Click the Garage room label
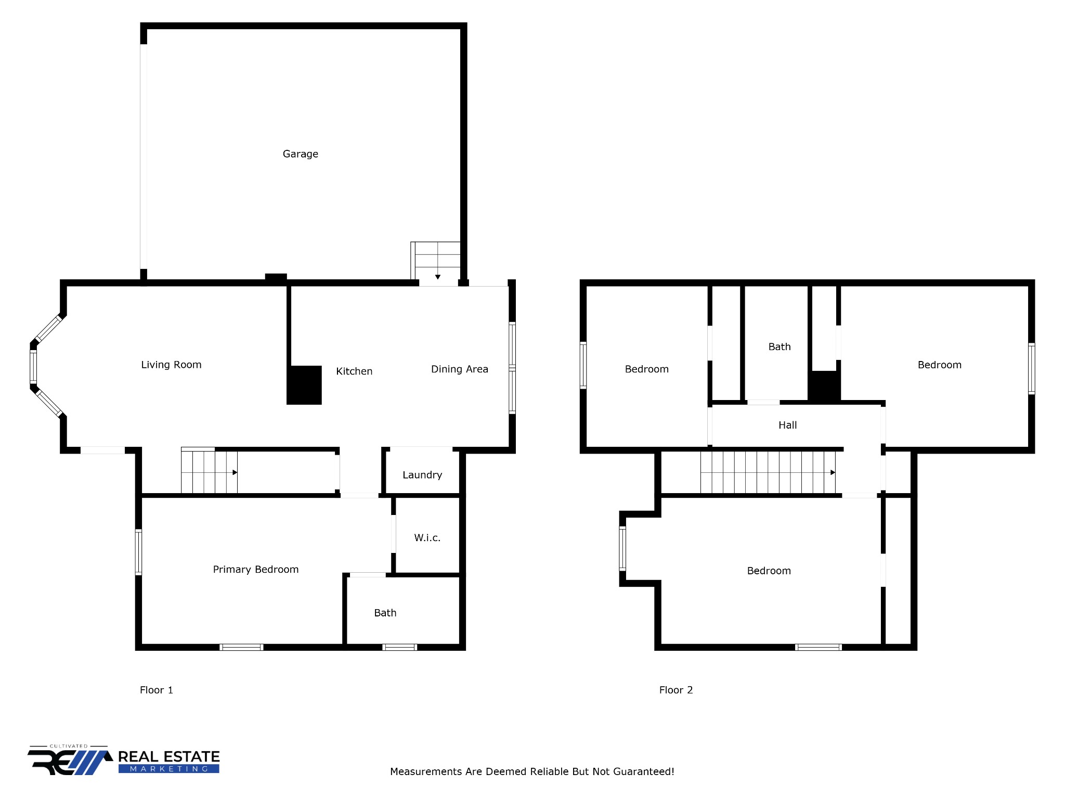coord(300,154)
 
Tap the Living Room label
coord(171,365)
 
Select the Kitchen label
coord(354,371)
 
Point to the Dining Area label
coord(459,369)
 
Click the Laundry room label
coord(422,475)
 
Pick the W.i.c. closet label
coord(427,538)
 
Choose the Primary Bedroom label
coord(256,570)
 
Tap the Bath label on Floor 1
coord(385,613)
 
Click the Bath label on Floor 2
coord(780,347)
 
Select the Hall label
coord(787,426)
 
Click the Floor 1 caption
coord(156,690)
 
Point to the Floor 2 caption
coord(676,690)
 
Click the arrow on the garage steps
coord(438,277)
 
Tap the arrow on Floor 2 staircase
coord(833,472)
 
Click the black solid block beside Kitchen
coord(305,385)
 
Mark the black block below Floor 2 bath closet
coord(824,386)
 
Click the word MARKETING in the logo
coord(168,769)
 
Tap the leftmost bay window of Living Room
coord(33,367)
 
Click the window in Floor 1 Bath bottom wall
coord(399,647)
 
